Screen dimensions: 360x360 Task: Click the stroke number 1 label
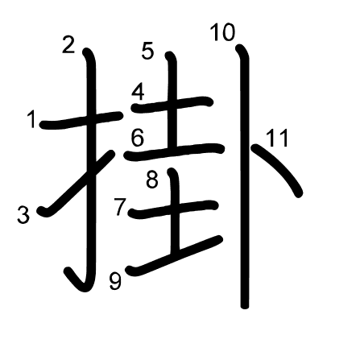click(x=32, y=119)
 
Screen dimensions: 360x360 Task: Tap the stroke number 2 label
click(x=68, y=45)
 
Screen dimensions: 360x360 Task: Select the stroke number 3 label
click(x=23, y=214)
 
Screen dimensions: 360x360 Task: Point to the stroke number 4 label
click(x=138, y=93)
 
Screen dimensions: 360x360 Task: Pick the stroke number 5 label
click(x=148, y=51)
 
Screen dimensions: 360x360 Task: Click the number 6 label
click(x=138, y=138)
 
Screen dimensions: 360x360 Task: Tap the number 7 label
click(x=120, y=207)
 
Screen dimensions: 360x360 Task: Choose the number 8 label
click(x=152, y=180)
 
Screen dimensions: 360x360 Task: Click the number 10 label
click(x=222, y=32)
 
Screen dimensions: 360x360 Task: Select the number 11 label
click(x=278, y=138)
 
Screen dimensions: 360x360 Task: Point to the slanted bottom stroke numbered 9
click(x=175, y=256)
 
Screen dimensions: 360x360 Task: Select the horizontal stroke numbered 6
click(x=174, y=151)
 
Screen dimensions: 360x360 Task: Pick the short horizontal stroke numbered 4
click(x=172, y=105)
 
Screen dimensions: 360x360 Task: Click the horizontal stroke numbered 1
click(x=81, y=120)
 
